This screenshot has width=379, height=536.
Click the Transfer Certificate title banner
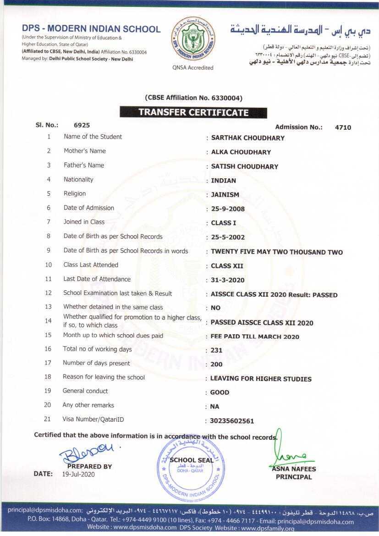(193, 113)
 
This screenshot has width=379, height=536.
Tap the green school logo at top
(192, 39)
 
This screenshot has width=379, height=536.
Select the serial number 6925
(82, 125)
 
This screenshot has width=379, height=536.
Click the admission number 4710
(343, 127)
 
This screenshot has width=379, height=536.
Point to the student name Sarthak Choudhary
(247, 138)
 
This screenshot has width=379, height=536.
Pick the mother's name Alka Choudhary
(241, 152)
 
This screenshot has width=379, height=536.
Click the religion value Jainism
(225, 194)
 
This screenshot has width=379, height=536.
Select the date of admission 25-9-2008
(228, 209)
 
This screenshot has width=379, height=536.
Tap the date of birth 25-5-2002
(228, 238)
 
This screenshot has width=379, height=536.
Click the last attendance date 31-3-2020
(228, 280)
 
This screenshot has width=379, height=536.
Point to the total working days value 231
(216, 350)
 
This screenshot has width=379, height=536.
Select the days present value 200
(216, 365)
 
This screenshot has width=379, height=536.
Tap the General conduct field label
(85, 391)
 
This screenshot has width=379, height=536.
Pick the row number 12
(49, 293)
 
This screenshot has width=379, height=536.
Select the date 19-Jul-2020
(78, 475)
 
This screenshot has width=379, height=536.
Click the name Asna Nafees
(293, 469)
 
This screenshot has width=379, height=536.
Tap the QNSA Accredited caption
(193, 68)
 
